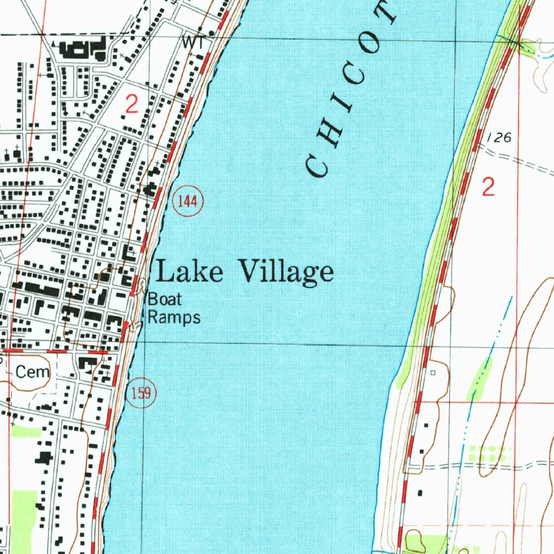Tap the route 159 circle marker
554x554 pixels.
tap(141, 393)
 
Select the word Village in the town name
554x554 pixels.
tap(285, 272)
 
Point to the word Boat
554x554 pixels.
tap(165, 299)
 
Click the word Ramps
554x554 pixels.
tap(174, 318)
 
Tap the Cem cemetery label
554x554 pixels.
tap(32, 372)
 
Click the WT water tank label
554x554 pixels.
tap(194, 42)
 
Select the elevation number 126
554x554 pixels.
tap(498, 138)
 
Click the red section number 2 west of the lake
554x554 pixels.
tap(131, 104)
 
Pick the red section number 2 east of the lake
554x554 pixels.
tap(488, 188)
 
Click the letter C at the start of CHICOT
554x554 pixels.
tap(317, 166)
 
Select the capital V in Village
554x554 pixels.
tap(249, 271)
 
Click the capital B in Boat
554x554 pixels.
tap(153, 299)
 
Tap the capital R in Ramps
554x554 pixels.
tap(154, 317)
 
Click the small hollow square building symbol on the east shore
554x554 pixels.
tap(432, 372)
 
